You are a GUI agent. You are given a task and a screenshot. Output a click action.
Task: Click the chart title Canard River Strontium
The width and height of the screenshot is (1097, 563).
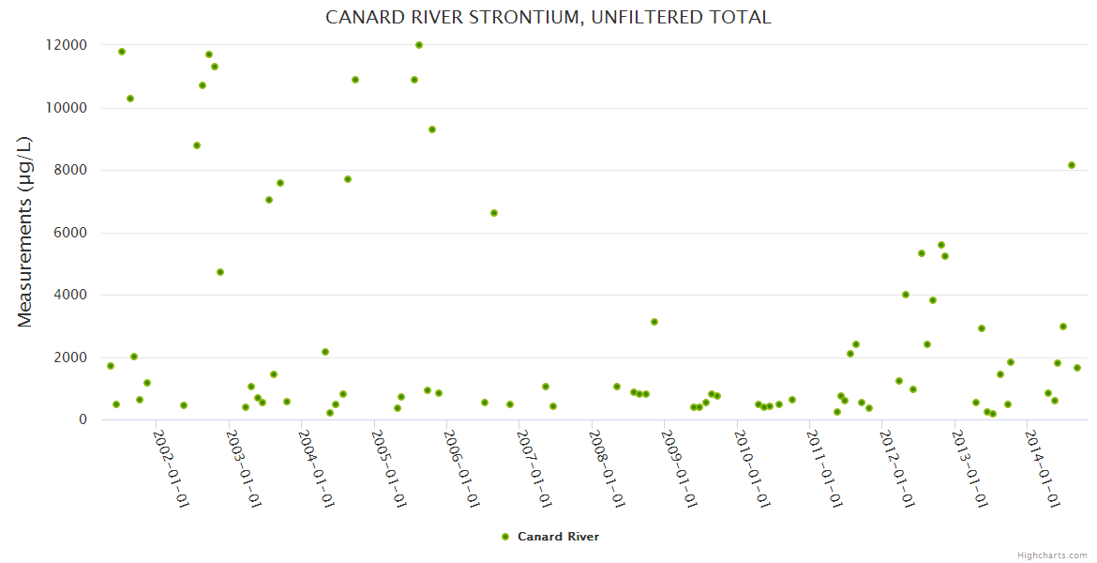tap(548, 18)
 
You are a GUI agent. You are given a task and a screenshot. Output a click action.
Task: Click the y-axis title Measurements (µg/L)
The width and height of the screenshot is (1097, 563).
tap(25, 232)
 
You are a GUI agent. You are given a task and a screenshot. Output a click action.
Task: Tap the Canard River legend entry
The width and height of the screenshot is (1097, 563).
tap(549, 537)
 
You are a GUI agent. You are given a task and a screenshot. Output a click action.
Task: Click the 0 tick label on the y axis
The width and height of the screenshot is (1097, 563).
tap(83, 420)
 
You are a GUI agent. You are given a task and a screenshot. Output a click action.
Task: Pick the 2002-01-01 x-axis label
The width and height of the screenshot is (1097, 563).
tap(172, 468)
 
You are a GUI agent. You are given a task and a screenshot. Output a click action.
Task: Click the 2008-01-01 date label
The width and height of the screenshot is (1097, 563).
tap(608, 468)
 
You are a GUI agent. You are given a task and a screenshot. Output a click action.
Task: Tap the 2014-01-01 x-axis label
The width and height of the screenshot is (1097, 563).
tap(1044, 468)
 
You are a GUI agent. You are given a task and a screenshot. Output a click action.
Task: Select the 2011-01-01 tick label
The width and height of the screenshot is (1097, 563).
tap(825, 468)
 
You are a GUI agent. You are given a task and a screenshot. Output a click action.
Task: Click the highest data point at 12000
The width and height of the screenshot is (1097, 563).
tap(419, 45)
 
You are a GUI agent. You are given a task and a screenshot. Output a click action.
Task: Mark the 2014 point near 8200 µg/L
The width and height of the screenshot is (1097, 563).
tap(1072, 165)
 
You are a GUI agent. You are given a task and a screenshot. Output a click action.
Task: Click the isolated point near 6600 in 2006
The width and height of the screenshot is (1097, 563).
tap(494, 213)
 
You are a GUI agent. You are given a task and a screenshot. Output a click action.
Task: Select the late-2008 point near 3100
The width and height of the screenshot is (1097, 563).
tap(654, 322)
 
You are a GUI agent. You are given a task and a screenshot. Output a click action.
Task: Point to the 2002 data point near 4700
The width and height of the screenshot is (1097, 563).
tap(220, 272)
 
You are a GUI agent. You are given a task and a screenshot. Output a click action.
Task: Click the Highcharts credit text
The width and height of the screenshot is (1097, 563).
tap(1052, 555)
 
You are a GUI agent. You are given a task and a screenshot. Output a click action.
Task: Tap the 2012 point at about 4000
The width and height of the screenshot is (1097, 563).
tap(906, 295)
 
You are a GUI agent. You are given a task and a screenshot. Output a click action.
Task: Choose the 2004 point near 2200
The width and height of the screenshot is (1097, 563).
tap(325, 352)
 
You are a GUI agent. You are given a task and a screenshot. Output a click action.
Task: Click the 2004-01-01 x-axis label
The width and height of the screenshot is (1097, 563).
tap(317, 468)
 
